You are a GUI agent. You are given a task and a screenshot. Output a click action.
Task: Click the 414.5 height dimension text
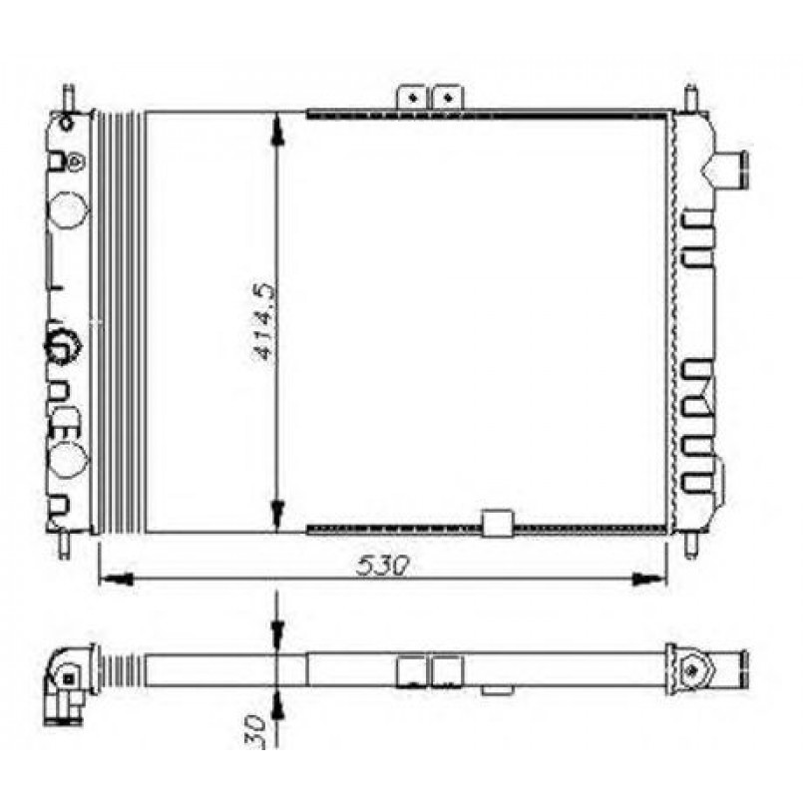click(264, 322)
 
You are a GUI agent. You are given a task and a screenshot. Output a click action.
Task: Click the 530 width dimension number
click(384, 566)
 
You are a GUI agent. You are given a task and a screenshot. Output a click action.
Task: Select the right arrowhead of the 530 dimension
click(649, 579)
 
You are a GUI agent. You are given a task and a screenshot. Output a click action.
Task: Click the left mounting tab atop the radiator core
click(412, 97)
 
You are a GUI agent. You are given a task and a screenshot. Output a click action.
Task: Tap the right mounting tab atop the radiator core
click(448, 97)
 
